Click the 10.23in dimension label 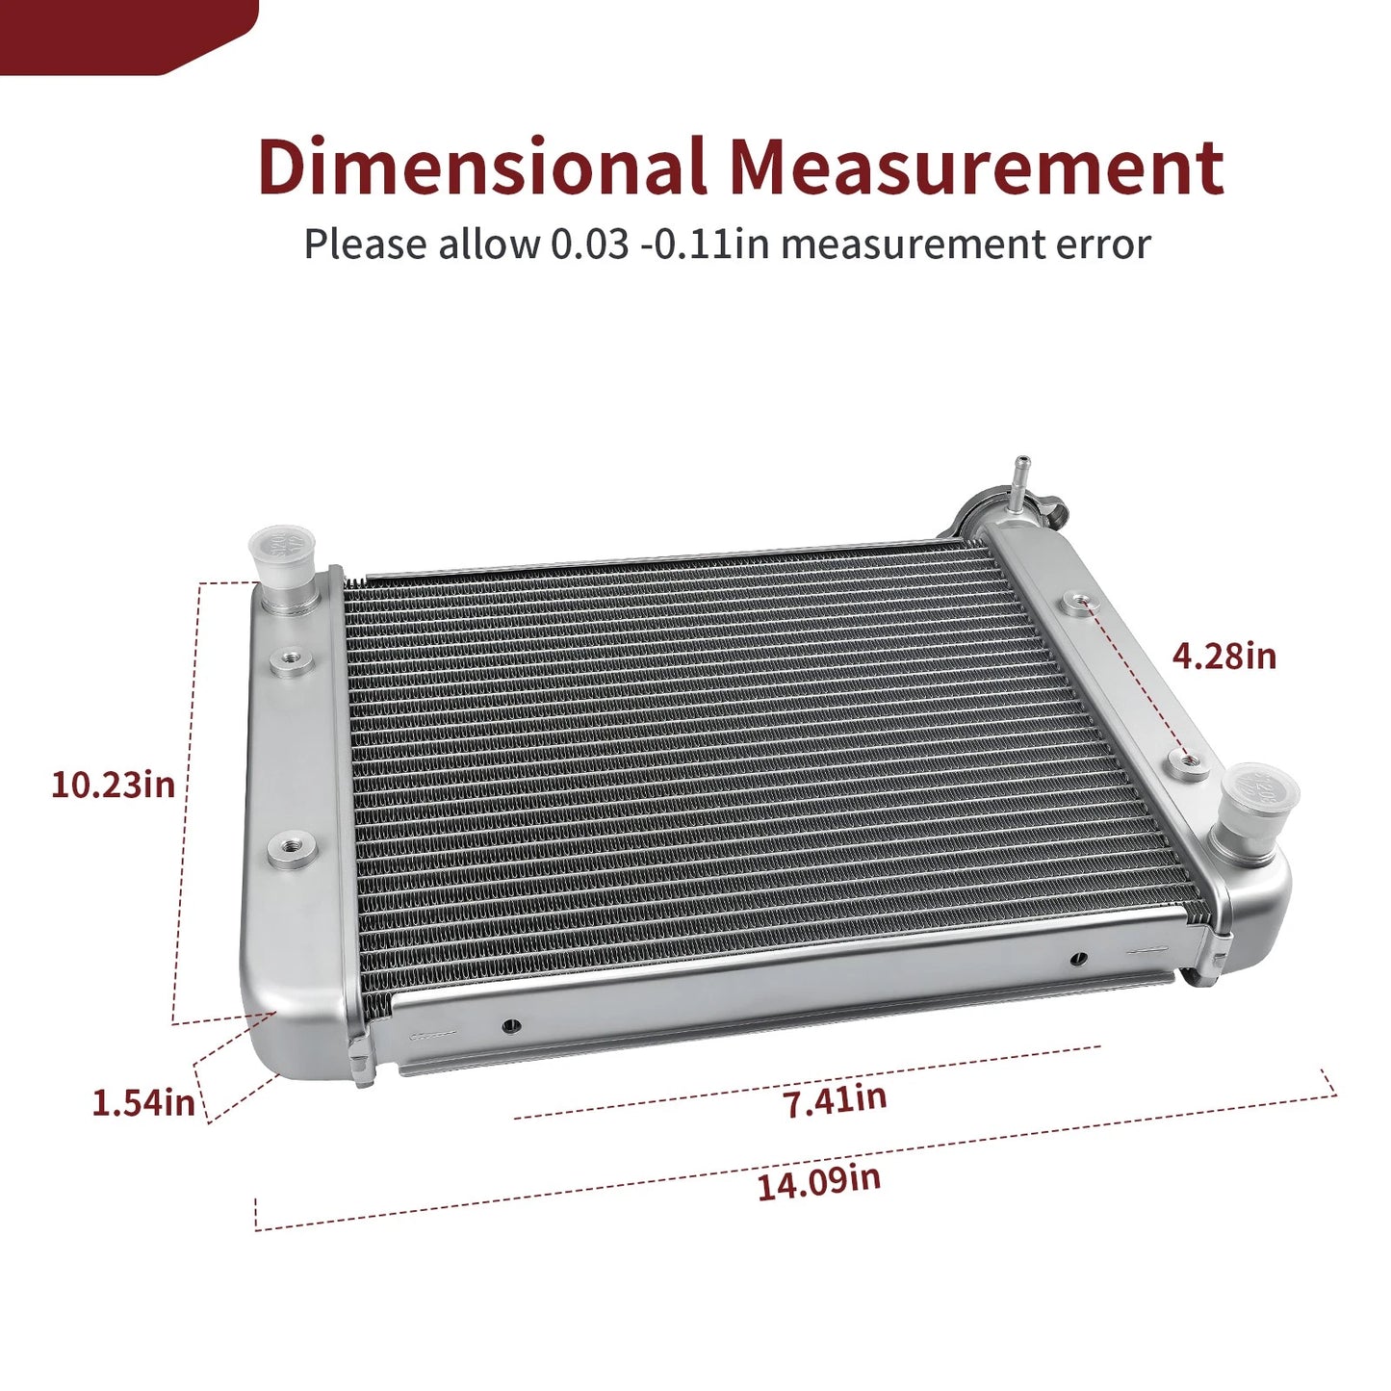[114, 785]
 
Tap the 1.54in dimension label [143, 1102]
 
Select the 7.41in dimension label [837, 1100]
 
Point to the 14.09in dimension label [819, 1183]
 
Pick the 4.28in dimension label [1224, 657]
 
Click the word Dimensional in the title [482, 167]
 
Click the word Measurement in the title [977, 168]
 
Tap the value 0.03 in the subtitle [589, 245]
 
